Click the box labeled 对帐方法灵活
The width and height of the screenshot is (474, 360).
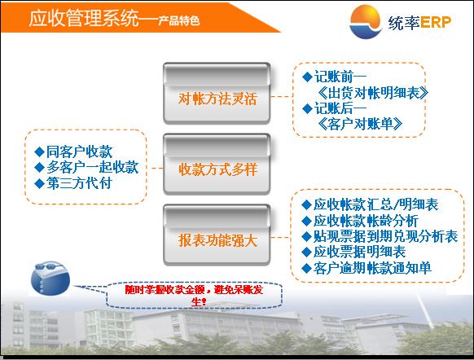[217, 93]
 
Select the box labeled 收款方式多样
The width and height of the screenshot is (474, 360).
[217, 165]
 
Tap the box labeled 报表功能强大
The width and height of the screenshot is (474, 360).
[217, 235]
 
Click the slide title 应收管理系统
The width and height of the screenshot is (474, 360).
[84, 18]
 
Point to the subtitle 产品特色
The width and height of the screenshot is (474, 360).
[178, 20]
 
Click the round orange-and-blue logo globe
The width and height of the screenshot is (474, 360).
[366, 22]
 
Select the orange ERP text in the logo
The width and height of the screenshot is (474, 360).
[436, 22]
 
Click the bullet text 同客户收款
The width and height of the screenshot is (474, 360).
[80, 151]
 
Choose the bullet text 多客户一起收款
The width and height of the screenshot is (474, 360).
[93, 168]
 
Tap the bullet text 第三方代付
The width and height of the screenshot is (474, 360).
[79, 183]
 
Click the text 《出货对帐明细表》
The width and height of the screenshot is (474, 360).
[373, 93]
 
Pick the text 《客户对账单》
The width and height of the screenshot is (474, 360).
[360, 124]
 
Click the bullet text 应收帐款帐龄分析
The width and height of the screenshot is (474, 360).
[366, 221]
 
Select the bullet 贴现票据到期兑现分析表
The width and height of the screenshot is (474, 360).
[386, 236]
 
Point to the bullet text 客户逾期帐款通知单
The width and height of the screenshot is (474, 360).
[372, 268]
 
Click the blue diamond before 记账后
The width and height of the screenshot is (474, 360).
[307, 108]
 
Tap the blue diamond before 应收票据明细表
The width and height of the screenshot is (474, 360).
[306, 252]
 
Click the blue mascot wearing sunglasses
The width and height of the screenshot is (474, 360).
[50, 278]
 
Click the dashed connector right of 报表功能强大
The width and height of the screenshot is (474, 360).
[280, 237]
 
